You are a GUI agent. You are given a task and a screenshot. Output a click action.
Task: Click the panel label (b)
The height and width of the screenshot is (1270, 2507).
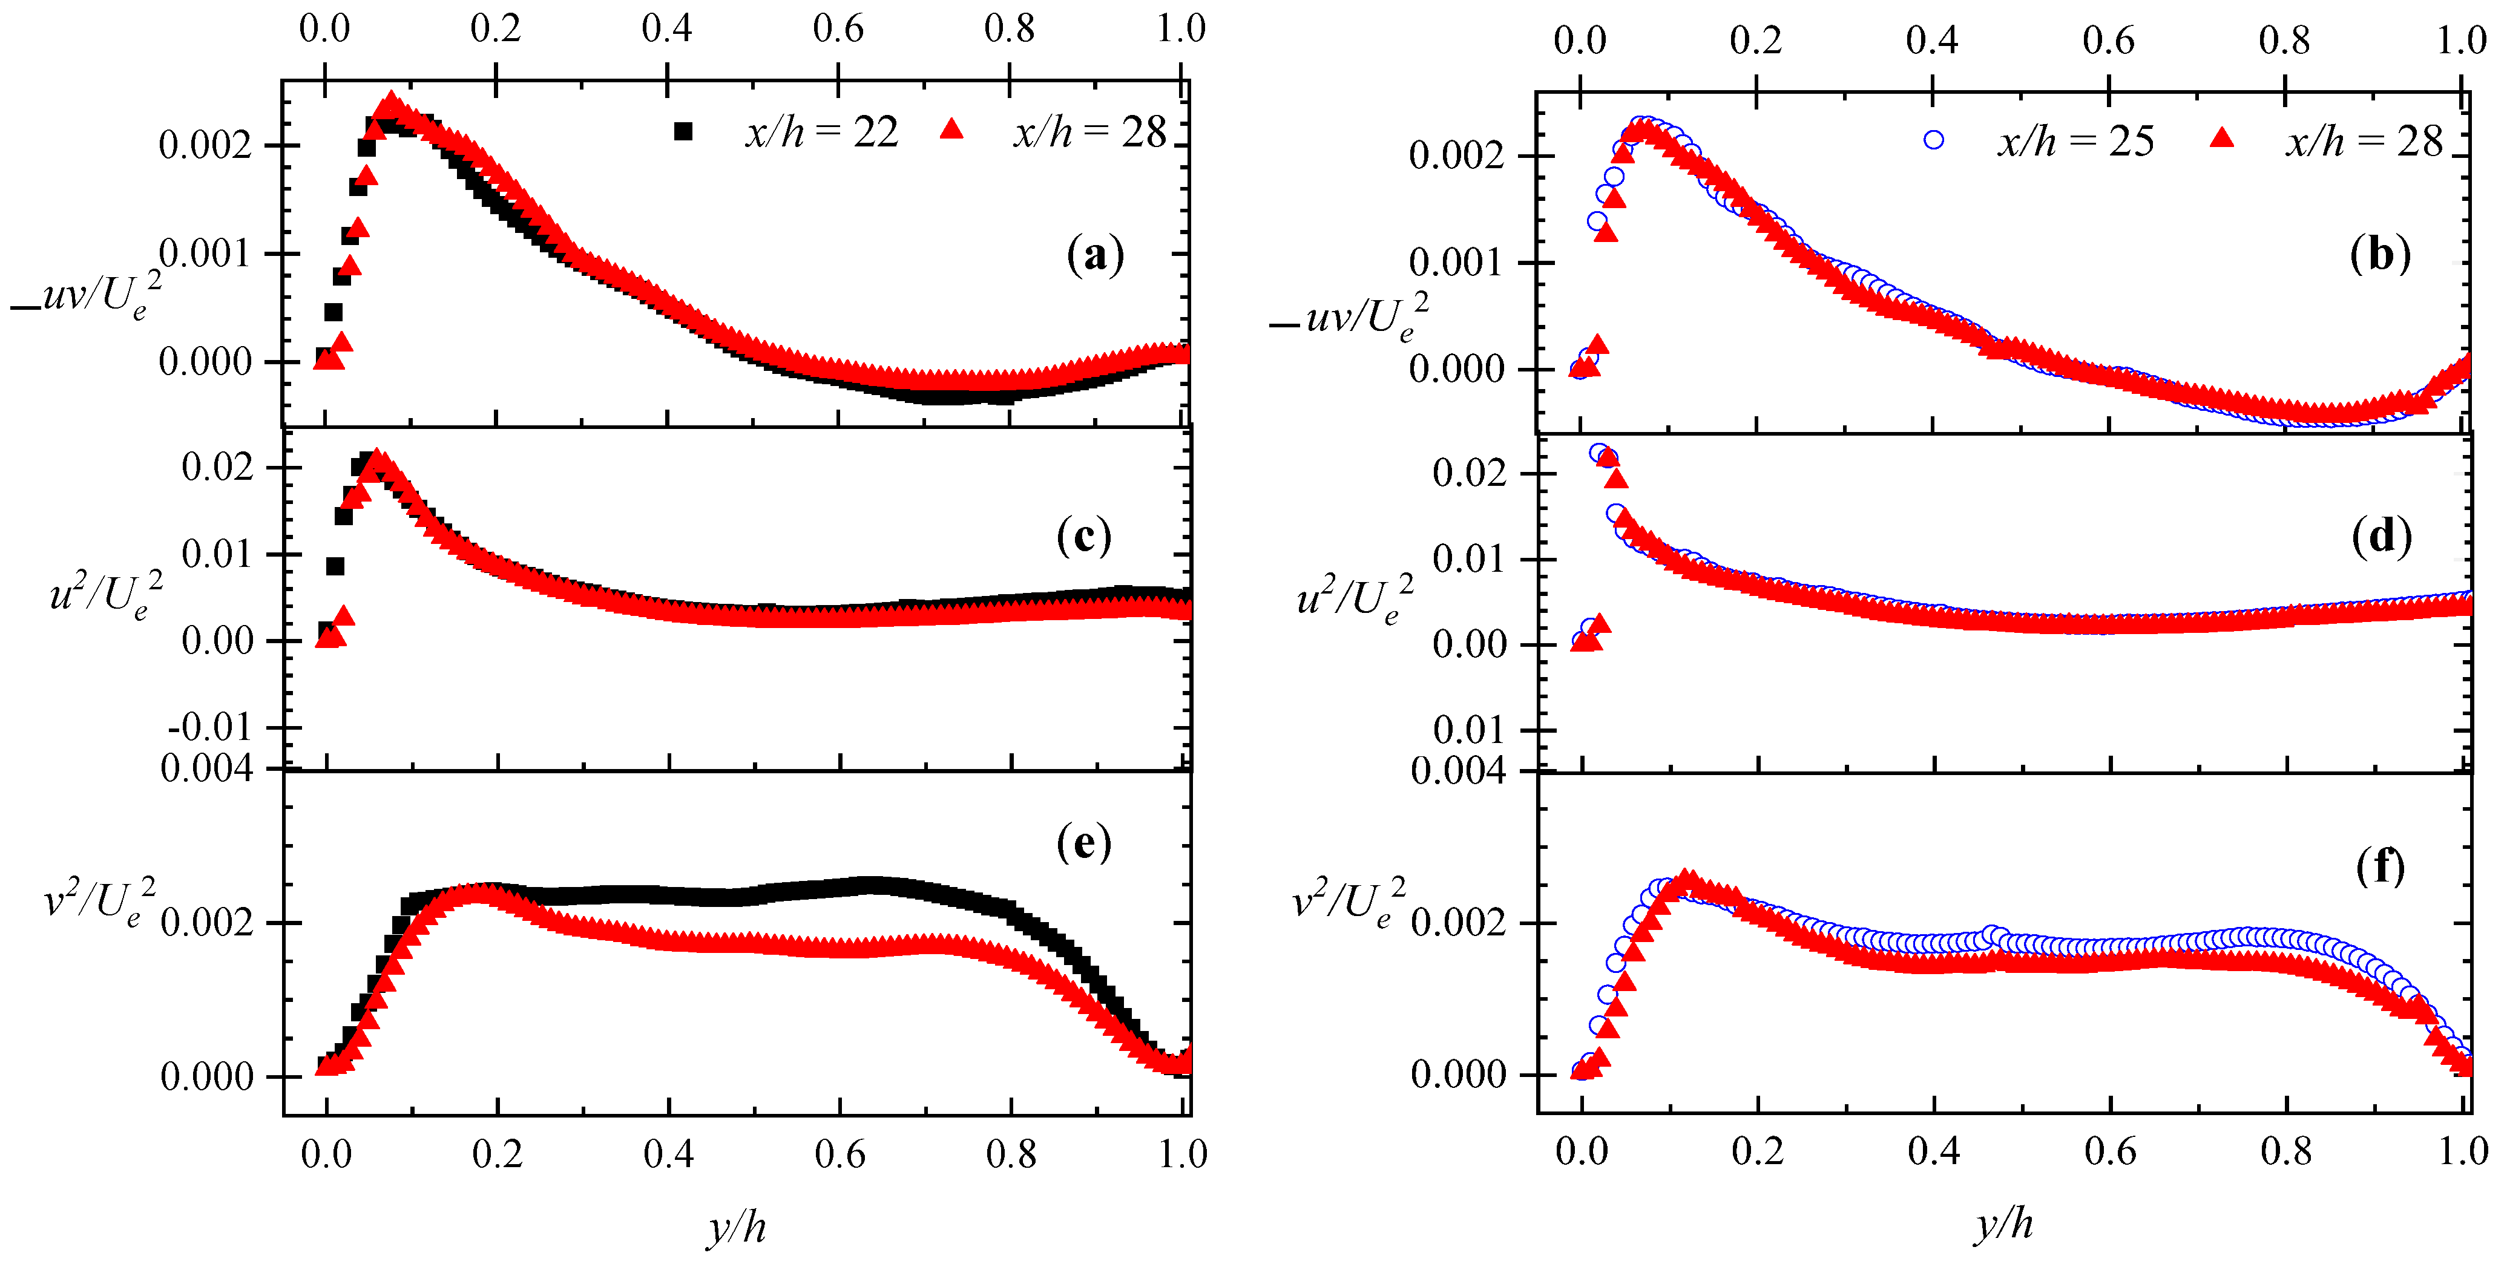pyautogui.click(x=2379, y=254)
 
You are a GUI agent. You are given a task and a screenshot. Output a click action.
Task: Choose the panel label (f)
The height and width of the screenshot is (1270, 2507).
pyautogui.click(x=2379, y=865)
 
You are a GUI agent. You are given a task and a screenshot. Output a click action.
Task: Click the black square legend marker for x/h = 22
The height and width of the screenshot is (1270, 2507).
pyautogui.click(x=683, y=131)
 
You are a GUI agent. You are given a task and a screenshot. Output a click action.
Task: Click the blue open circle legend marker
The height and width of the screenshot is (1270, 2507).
pyautogui.click(x=1934, y=140)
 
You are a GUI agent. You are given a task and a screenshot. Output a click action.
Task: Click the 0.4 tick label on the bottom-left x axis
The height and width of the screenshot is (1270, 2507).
pyautogui.click(x=669, y=1154)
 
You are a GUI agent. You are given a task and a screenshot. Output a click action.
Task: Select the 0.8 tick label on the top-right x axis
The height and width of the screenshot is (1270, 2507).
pyautogui.click(x=2284, y=41)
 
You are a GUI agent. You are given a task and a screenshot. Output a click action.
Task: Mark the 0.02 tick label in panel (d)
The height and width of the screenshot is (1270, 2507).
pyautogui.click(x=1468, y=473)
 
